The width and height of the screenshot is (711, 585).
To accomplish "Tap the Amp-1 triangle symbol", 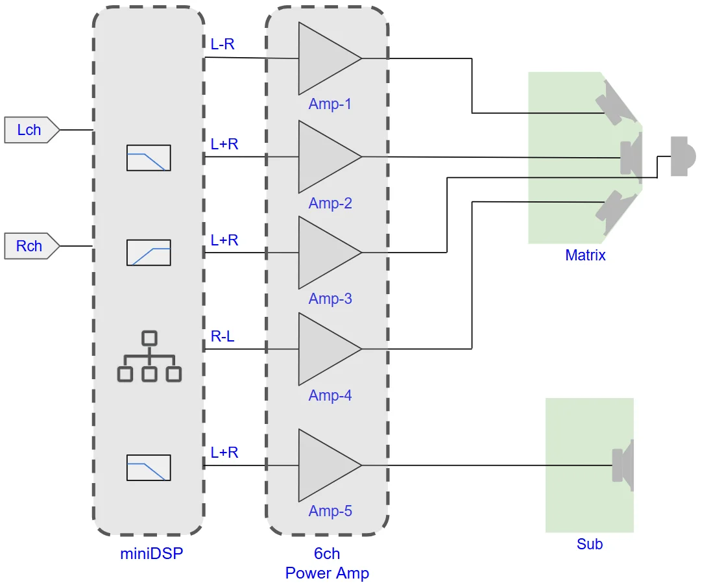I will coord(324,58).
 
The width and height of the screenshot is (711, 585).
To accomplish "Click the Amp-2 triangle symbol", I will coord(324,156).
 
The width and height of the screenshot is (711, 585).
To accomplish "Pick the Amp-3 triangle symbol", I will coord(324,253).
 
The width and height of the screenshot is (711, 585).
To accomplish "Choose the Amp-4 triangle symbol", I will coord(324,349).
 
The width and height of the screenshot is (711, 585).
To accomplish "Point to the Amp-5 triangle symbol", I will coord(324,465).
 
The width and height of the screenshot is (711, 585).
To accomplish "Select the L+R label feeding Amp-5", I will coord(224,453).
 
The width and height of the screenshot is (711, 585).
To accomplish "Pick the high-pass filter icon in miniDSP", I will coord(149,253).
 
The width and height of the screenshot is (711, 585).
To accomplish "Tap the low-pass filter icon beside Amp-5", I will coord(149,467).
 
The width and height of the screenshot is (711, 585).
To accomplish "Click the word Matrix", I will coord(585,255).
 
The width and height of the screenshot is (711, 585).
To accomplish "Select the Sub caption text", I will coord(590,544).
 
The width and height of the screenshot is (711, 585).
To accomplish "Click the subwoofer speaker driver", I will coord(623,465).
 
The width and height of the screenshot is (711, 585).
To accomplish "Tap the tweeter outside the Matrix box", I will coord(682,156).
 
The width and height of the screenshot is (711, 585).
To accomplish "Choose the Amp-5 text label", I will coord(330,511).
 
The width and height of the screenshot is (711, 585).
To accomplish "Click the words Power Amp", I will coord(327,573).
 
